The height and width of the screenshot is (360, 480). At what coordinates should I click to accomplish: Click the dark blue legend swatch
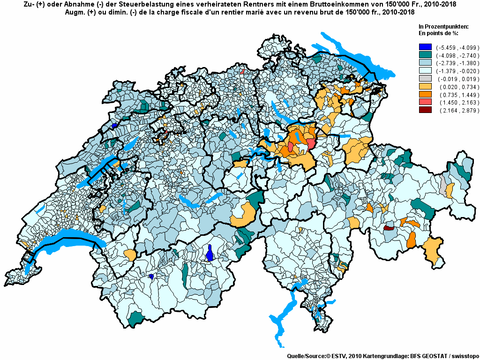(x=425, y=47)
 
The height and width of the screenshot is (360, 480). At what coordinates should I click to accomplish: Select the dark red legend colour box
(x=425, y=110)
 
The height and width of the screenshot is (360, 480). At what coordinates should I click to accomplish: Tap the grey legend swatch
(x=425, y=79)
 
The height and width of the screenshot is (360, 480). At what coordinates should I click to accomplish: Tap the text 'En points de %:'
(x=438, y=34)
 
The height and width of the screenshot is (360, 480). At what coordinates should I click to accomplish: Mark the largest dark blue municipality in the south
(x=210, y=254)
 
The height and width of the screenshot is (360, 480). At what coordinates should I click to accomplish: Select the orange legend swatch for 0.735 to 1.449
(x=425, y=94)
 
